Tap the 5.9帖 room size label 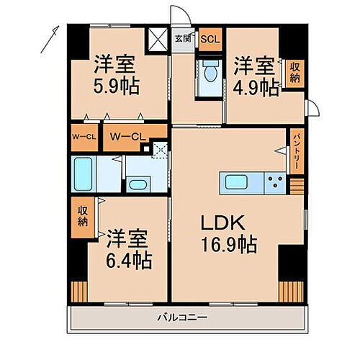pos(116,88)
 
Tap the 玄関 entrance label pos(183,39)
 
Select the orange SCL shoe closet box pos(210,39)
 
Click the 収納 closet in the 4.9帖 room pos(294,73)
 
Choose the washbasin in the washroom pos(137,184)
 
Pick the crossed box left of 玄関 pos(156,39)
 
